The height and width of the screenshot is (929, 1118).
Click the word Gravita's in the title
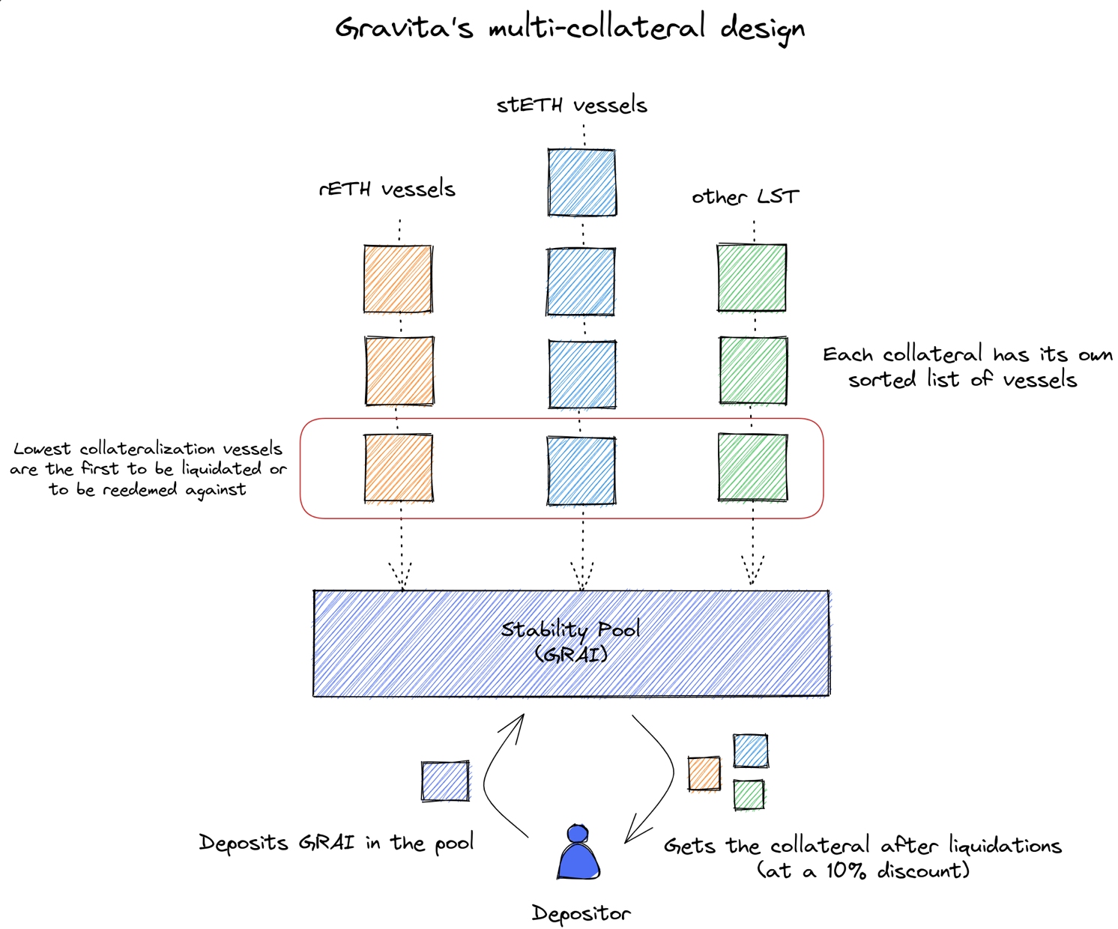(x=404, y=28)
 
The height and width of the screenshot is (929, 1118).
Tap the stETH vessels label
(x=572, y=105)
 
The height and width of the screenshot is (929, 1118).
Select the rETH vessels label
(x=387, y=188)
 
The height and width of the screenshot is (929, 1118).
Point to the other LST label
(x=745, y=197)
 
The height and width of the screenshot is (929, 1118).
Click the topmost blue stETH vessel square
(x=581, y=182)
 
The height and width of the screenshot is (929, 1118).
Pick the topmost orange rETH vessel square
(x=397, y=278)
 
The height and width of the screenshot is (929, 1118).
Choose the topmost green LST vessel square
(x=752, y=277)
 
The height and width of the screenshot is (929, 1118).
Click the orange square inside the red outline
(x=398, y=467)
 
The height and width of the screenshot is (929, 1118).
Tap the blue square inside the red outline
(x=581, y=470)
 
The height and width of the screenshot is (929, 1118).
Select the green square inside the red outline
(x=752, y=467)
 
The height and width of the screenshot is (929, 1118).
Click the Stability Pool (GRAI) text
(x=571, y=641)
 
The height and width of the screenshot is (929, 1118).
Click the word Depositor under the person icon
(x=581, y=913)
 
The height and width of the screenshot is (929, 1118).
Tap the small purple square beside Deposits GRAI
(x=445, y=781)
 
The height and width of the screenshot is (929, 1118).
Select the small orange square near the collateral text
(x=704, y=774)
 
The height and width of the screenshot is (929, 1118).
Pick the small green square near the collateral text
(x=749, y=795)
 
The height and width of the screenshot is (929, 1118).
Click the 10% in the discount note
(x=846, y=871)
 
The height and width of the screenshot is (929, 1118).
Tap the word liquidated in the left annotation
(x=220, y=469)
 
